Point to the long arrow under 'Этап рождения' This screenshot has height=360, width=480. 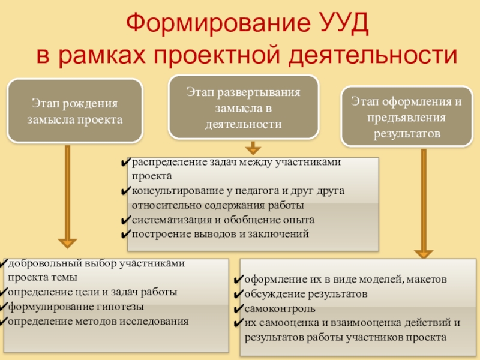click(x=67, y=198)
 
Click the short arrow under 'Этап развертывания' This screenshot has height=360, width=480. click(x=253, y=148)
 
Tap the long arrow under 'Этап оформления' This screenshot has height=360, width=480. click(x=424, y=204)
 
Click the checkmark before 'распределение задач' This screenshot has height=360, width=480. click(x=125, y=163)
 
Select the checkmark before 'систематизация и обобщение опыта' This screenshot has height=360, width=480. click(x=125, y=220)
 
